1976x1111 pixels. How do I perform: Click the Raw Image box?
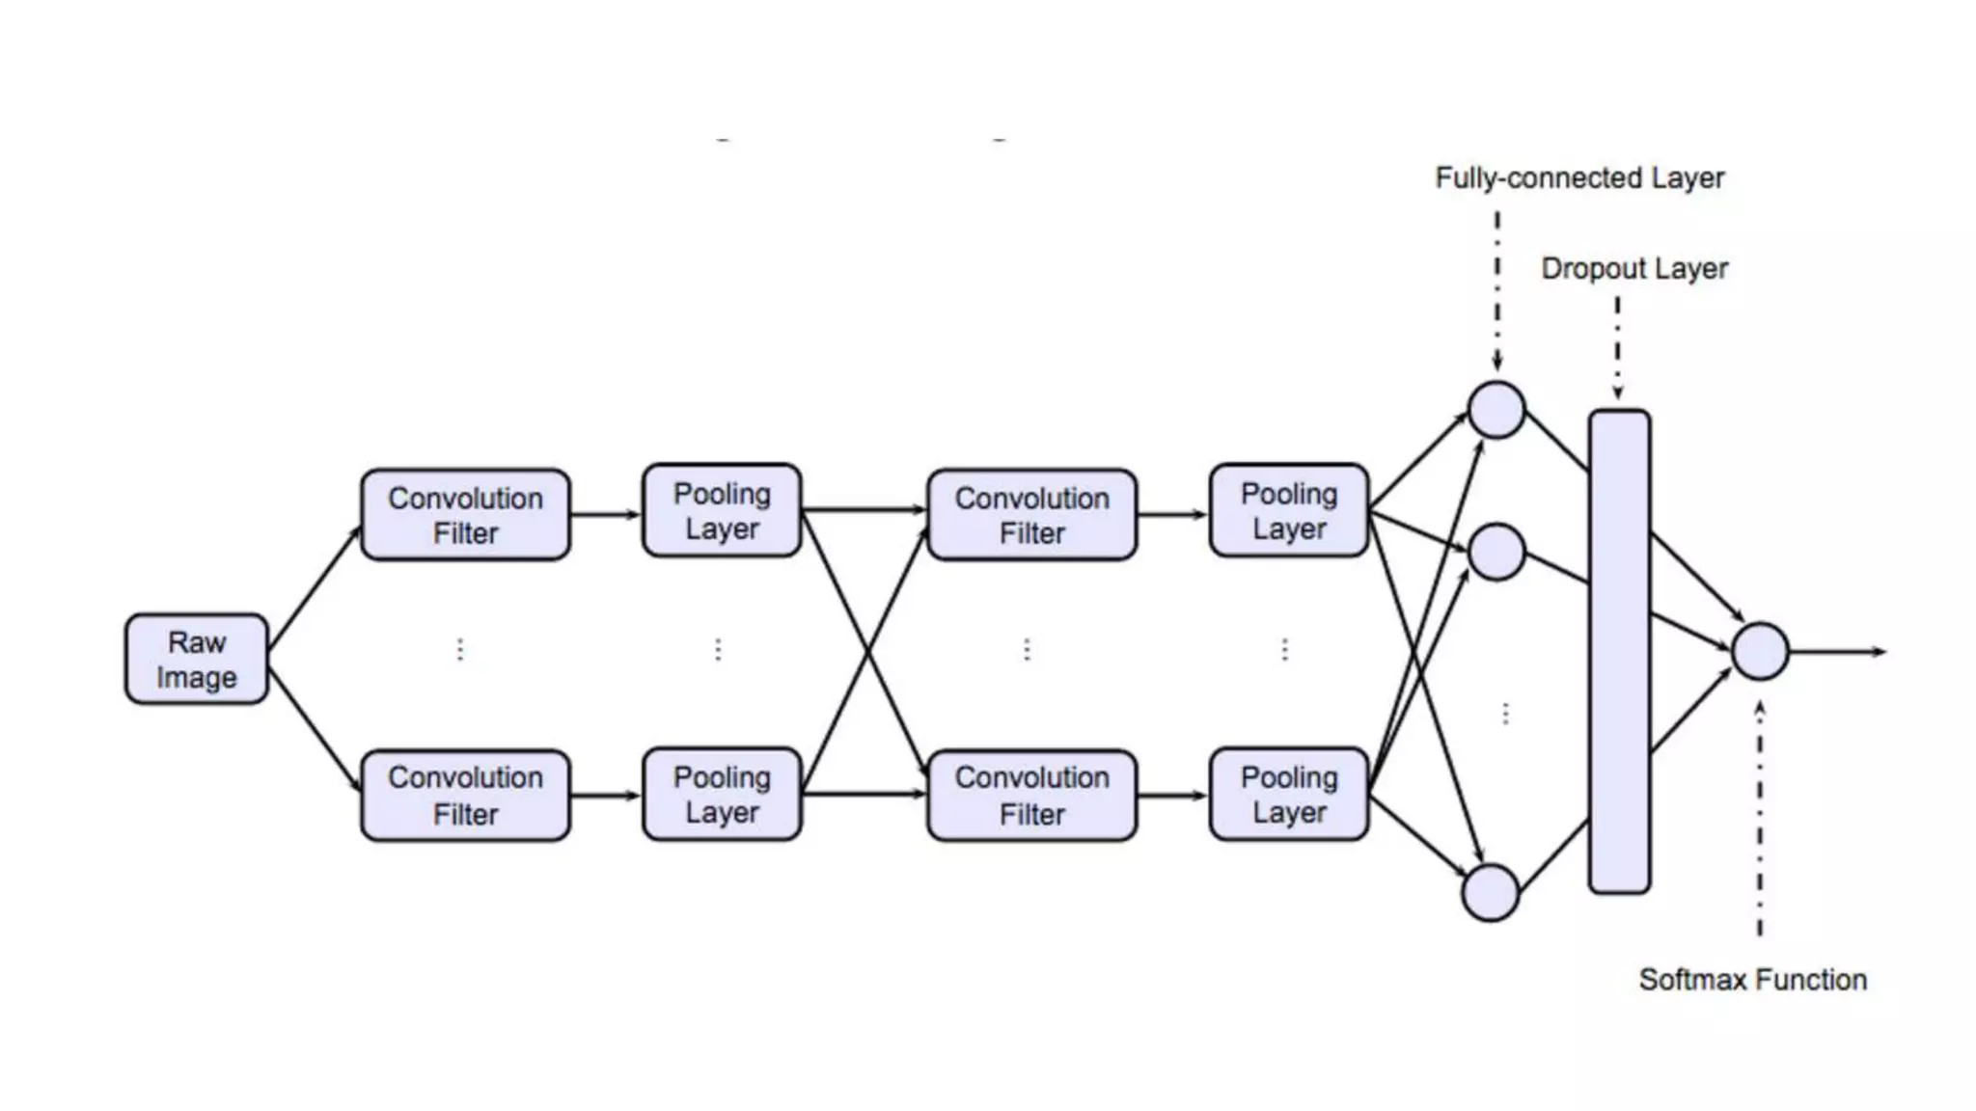(x=196, y=659)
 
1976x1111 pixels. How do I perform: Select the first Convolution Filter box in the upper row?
(x=465, y=515)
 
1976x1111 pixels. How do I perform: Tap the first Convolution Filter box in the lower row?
(x=465, y=796)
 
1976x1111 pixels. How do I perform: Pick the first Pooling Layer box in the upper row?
(x=722, y=510)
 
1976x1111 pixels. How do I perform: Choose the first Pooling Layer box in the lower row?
(x=722, y=795)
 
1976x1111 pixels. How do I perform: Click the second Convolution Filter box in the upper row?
(x=1031, y=515)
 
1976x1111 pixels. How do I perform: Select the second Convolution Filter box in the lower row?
(x=1031, y=796)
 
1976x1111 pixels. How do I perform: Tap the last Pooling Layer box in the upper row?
(x=1289, y=510)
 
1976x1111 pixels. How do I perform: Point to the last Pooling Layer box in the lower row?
(x=1289, y=795)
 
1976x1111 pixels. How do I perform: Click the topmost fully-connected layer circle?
(x=1496, y=410)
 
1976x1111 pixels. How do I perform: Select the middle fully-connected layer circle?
(x=1496, y=552)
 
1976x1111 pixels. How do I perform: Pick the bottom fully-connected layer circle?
(x=1491, y=892)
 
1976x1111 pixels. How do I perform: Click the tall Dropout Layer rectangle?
(x=1619, y=652)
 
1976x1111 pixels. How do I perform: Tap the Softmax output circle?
(x=1760, y=652)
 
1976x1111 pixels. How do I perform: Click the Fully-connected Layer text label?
(x=1579, y=178)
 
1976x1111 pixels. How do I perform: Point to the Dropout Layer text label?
(x=1634, y=268)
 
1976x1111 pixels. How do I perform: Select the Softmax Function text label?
(x=1752, y=980)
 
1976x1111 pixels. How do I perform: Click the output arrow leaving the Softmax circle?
(x=1837, y=652)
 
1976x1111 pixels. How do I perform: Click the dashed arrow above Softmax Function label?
(x=1760, y=820)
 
